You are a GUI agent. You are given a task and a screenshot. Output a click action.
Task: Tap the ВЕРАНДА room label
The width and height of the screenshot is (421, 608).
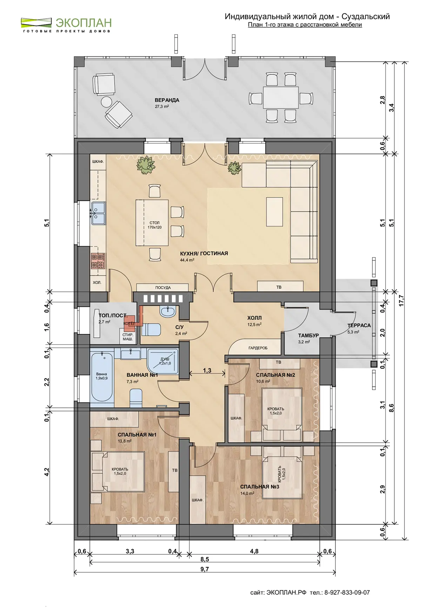click(x=167, y=100)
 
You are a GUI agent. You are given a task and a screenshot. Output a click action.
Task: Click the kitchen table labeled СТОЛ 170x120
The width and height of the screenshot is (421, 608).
click(x=152, y=223)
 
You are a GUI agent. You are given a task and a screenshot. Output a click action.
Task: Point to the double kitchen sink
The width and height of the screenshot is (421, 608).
click(x=98, y=213)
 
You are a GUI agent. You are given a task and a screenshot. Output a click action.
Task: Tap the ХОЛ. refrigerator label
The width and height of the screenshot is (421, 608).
click(x=97, y=282)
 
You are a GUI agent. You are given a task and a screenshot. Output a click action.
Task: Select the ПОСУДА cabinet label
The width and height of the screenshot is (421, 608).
click(x=163, y=288)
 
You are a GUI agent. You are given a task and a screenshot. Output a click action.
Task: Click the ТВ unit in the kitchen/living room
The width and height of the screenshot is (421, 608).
click(x=280, y=286)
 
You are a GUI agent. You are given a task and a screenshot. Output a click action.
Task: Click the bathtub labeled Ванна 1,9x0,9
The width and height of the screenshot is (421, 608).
click(x=101, y=377)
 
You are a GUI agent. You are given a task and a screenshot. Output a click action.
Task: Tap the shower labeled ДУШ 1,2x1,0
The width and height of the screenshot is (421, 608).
click(x=163, y=361)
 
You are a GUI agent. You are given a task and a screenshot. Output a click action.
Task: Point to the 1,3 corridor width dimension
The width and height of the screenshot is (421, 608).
click(x=207, y=370)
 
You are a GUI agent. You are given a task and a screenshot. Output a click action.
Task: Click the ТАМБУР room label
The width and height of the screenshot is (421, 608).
click(x=308, y=335)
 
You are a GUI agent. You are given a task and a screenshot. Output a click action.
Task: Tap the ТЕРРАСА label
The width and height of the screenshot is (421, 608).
click(x=359, y=325)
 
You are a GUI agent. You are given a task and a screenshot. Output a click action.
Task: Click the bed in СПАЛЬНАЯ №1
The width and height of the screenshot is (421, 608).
click(x=118, y=471)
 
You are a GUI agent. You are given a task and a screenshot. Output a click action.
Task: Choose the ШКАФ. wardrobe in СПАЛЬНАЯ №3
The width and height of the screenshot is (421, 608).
click(x=198, y=500)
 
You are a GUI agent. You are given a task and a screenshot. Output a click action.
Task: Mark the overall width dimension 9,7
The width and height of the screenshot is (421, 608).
click(x=205, y=569)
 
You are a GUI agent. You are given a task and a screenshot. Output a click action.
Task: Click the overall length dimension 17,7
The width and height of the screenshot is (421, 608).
click(x=402, y=301)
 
